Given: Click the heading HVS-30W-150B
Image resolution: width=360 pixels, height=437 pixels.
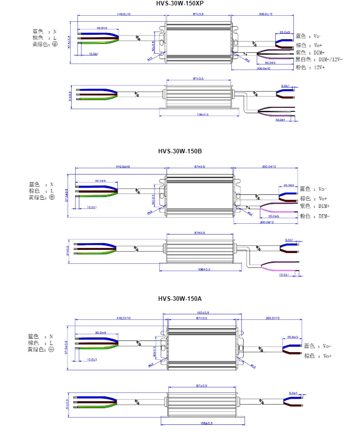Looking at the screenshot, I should point(180,151).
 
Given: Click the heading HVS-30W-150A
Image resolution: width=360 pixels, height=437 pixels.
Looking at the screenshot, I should point(180,299).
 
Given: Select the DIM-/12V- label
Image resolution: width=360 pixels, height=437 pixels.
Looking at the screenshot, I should point(330,60).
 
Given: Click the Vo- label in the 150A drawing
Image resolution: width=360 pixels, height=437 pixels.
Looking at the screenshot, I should point(327,346).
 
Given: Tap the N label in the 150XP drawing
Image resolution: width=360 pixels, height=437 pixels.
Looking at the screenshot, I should point(55,32).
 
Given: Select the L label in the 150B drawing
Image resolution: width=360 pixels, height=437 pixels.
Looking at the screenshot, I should point(52,191).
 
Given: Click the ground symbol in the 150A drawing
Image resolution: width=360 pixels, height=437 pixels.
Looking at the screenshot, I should point(51,350).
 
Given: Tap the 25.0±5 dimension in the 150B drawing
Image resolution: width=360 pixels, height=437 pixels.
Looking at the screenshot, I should point(288,185).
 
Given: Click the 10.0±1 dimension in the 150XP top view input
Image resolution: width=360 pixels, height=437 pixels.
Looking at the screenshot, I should point(93,54).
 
